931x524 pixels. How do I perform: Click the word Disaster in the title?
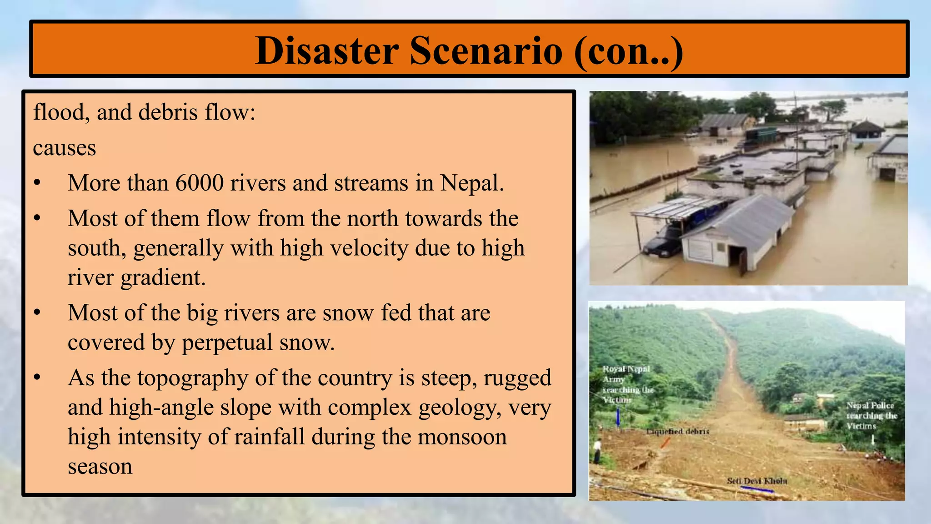(327, 50)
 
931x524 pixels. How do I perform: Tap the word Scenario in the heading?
(486, 50)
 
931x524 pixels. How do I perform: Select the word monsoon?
(462, 437)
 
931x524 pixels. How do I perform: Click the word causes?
(65, 148)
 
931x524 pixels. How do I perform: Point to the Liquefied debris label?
(677, 431)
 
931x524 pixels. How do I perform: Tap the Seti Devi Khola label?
(756, 481)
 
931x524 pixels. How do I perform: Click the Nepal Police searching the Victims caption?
(870, 415)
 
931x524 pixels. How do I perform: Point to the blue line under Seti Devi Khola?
(757, 490)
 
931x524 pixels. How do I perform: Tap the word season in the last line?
(100, 467)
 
